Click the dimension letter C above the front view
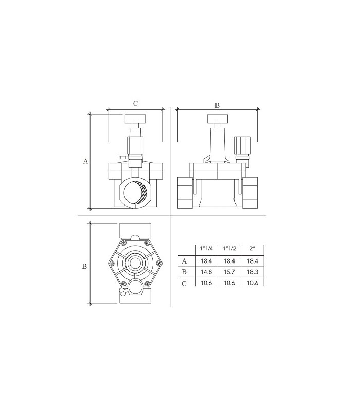135,104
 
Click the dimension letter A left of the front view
85,161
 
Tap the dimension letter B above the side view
217,105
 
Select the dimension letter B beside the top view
84,266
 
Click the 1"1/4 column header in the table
206,248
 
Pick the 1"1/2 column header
229,248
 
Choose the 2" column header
252,248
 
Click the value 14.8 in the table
206,272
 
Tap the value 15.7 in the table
229,272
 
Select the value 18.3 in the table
253,272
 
